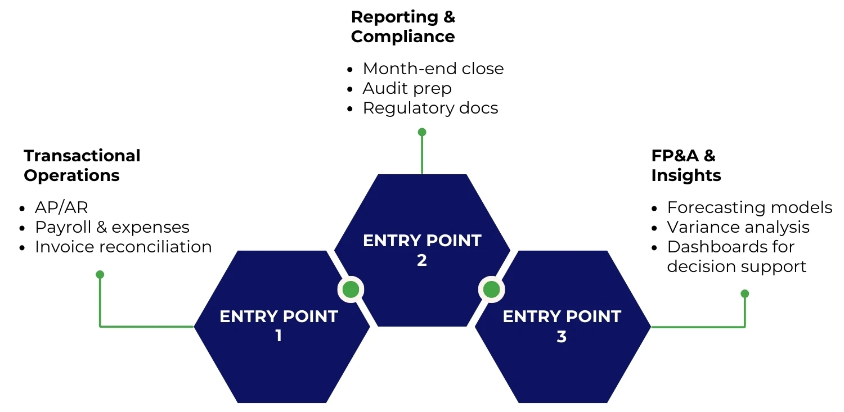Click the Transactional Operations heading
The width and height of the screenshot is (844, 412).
click(x=82, y=165)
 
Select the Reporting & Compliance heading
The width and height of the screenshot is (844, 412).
click(x=402, y=26)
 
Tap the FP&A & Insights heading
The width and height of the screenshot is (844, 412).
click(x=685, y=165)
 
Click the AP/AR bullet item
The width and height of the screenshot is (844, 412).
click(x=61, y=207)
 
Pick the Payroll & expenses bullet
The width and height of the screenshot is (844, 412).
click(x=112, y=227)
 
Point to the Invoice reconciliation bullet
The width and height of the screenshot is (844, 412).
click(x=123, y=247)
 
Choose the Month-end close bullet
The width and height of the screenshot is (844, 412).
click(x=433, y=69)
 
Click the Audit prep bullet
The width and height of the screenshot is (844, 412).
click(x=407, y=88)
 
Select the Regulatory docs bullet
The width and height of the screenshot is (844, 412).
click(x=430, y=108)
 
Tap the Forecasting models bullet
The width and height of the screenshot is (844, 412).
click(x=749, y=207)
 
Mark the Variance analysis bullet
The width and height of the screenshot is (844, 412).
click(x=738, y=227)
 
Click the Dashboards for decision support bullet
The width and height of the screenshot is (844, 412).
click(x=737, y=256)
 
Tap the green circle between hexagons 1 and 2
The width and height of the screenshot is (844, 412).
click(x=351, y=289)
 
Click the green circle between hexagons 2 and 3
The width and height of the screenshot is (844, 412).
click(x=491, y=289)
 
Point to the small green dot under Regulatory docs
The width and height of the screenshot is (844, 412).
click(x=422, y=132)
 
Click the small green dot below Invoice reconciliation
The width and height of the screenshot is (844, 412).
click(x=100, y=274)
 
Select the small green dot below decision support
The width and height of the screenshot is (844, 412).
click(x=745, y=293)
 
